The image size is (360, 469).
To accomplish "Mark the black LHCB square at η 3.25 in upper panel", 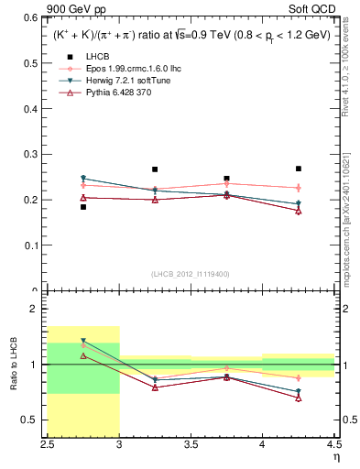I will tap(155, 169).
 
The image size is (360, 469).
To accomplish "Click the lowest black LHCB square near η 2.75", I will tap(83, 207).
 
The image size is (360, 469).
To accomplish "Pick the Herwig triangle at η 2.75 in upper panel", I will tap(83, 179).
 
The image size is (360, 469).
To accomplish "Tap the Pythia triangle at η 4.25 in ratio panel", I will tap(299, 398).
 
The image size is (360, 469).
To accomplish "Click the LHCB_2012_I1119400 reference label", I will tap(191, 274).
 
